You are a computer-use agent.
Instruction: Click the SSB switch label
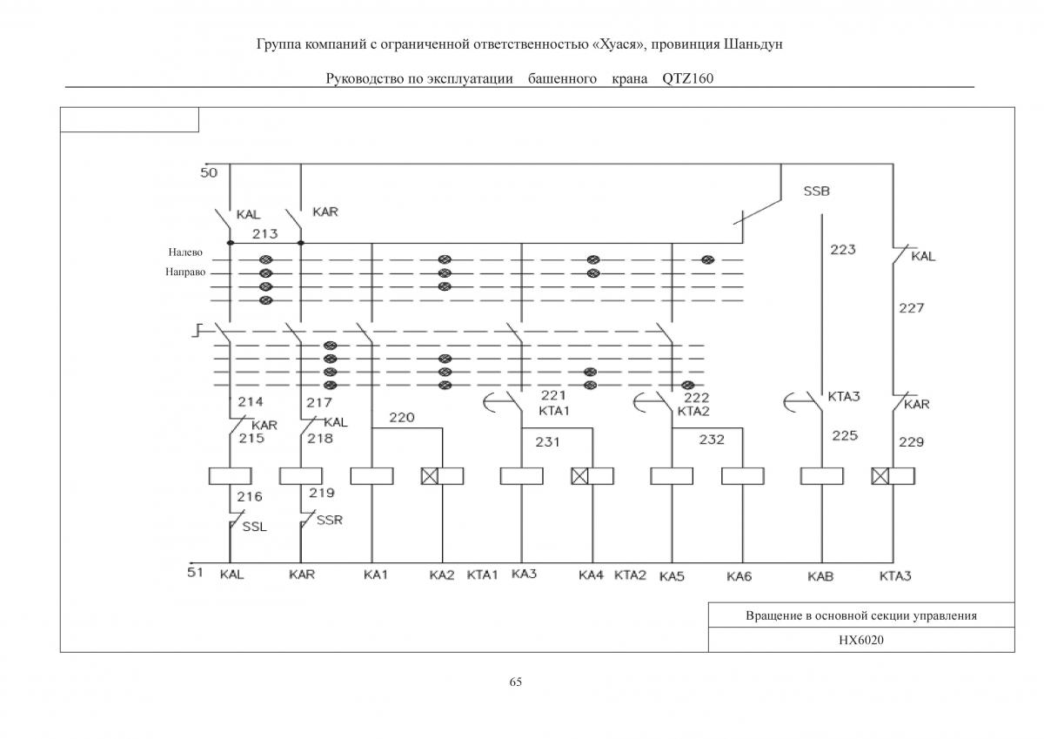tap(817, 191)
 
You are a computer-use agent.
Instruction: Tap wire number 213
tap(264, 233)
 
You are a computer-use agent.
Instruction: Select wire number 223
tap(843, 250)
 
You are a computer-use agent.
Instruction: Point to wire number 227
tap(912, 308)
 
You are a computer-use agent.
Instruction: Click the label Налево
tap(185, 252)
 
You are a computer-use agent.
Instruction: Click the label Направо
tap(185, 272)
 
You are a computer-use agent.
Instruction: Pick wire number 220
tap(402, 417)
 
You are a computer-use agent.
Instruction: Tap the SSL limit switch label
tap(254, 527)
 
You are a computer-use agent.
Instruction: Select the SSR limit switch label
tap(330, 520)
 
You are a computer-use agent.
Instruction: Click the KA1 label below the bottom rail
tap(376, 574)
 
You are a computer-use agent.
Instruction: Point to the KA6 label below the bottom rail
tap(739, 577)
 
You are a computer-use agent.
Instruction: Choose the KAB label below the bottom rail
tap(820, 577)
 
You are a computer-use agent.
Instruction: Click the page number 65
tap(515, 682)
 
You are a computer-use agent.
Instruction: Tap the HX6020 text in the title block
tap(861, 640)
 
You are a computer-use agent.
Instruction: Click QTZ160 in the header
tap(688, 78)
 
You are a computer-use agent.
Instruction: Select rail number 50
tap(209, 173)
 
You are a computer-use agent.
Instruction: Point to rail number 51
tap(195, 572)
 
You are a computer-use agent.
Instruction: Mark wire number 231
tap(547, 441)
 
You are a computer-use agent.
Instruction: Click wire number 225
tap(845, 435)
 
